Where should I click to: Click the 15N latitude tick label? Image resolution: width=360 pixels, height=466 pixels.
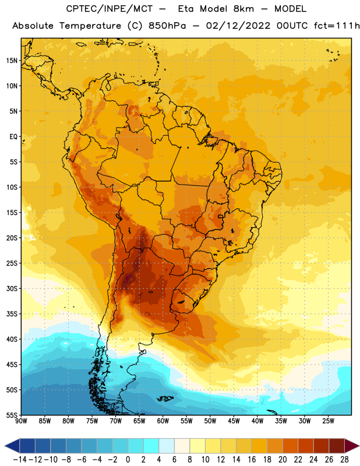click(x=12, y=61)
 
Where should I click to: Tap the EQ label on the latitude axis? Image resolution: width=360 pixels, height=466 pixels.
click(x=13, y=137)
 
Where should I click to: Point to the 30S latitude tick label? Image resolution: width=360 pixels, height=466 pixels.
click(x=12, y=288)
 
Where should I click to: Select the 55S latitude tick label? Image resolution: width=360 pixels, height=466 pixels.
click(x=12, y=415)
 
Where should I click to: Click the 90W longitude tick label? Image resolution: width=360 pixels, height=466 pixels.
click(x=21, y=421)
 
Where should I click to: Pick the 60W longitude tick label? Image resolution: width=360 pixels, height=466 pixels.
click(x=163, y=421)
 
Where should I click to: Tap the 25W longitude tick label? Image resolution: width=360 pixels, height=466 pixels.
click(x=328, y=421)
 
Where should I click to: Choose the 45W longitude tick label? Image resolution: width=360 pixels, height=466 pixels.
click(x=234, y=421)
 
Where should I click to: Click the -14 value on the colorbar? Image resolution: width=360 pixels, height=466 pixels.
click(x=20, y=460)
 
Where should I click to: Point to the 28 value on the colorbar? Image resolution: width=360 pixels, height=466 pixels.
click(x=344, y=460)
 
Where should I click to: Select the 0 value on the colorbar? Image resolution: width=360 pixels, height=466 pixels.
click(x=128, y=460)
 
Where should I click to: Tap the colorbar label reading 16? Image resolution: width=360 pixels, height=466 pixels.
click(x=252, y=460)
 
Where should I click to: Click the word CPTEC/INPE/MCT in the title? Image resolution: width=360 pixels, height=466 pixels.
click(x=110, y=9)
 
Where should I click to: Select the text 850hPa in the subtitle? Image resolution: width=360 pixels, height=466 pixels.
click(x=167, y=26)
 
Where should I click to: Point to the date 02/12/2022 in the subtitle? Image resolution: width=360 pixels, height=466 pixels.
click(x=238, y=26)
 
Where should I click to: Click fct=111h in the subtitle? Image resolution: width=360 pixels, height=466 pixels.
click(x=337, y=26)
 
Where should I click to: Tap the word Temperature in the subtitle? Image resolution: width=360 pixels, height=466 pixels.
click(x=90, y=26)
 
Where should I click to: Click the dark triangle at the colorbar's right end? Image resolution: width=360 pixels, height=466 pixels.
click(x=352, y=446)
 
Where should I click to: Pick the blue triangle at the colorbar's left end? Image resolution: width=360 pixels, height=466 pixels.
click(x=12, y=446)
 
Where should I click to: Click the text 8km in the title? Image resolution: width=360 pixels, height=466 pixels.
click(x=243, y=9)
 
